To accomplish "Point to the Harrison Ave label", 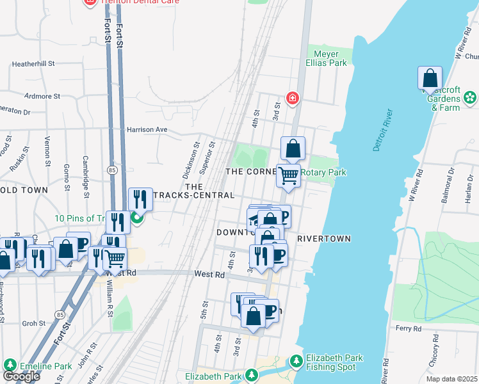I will point(146,129).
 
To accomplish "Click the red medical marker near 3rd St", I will point(292,98).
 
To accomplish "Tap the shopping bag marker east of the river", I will point(430,79).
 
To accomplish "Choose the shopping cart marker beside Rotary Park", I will point(289,174).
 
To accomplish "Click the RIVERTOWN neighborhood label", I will point(323,239).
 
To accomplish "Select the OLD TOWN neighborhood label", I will point(24,190).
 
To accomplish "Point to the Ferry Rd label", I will point(408,328).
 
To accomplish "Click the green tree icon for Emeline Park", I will point(10,365).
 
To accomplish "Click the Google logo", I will point(20,376).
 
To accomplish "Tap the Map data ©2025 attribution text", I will point(451,379).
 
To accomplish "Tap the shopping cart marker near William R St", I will point(115,259).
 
